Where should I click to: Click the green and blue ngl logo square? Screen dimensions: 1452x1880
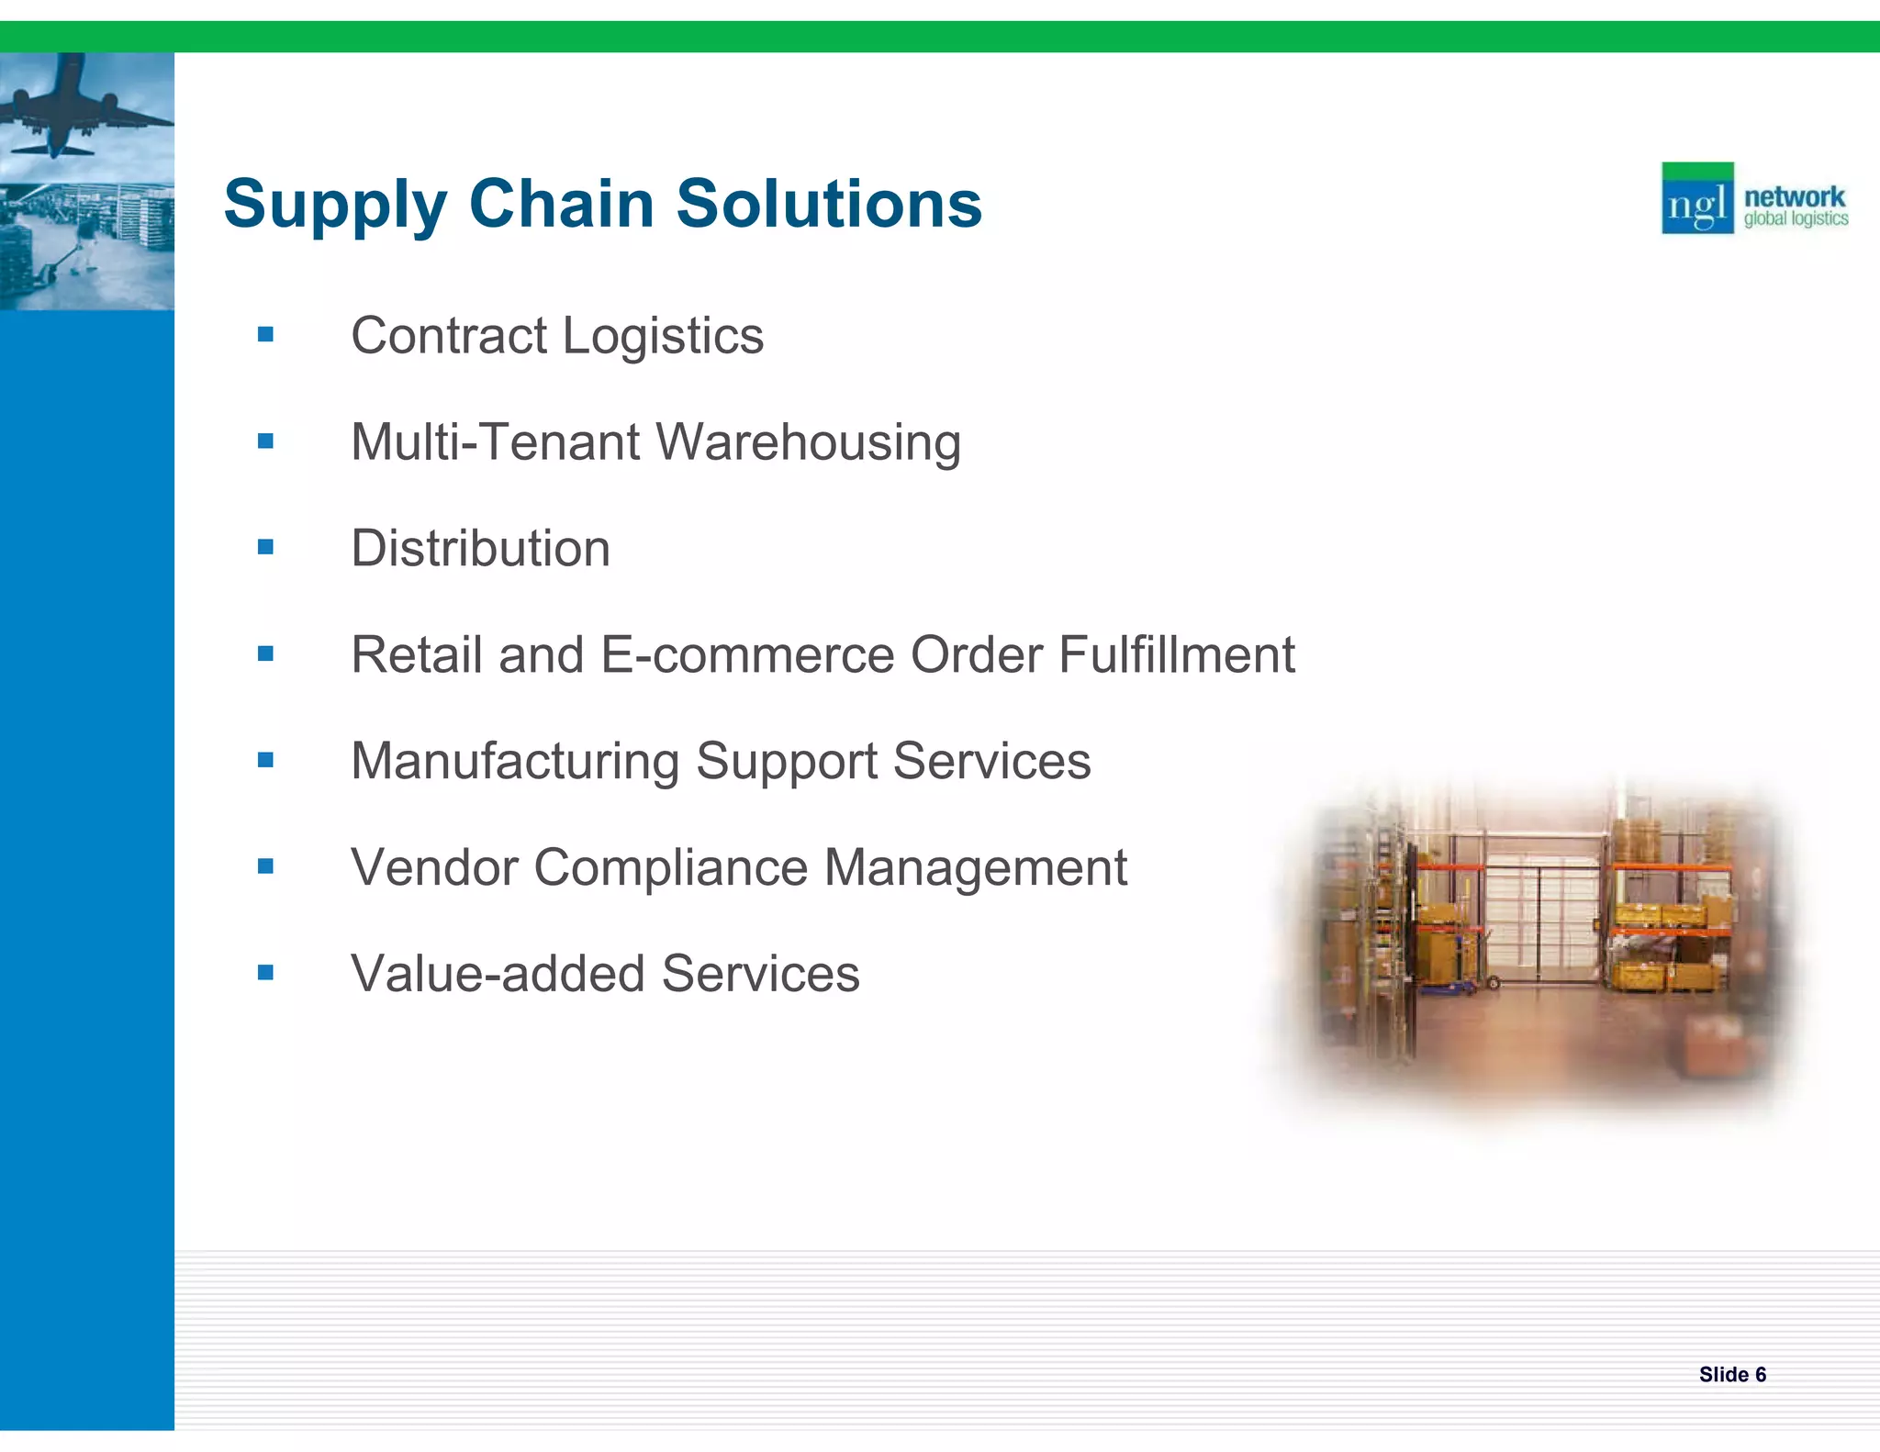(1697, 198)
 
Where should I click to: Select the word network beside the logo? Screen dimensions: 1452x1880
(1794, 196)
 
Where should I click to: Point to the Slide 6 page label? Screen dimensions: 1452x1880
(1732, 1374)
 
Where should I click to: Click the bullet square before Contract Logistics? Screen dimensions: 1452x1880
(266, 335)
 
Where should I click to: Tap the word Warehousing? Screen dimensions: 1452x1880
(809, 442)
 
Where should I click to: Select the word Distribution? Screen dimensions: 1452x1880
(480, 549)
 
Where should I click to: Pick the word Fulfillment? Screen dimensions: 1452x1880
(1176, 655)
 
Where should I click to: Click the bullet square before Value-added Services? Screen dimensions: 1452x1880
(266, 973)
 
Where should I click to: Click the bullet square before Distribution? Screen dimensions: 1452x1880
(266, 548)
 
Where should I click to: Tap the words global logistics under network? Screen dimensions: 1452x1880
(1796, 219)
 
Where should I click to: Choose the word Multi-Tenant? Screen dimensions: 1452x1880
(496, 442)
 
